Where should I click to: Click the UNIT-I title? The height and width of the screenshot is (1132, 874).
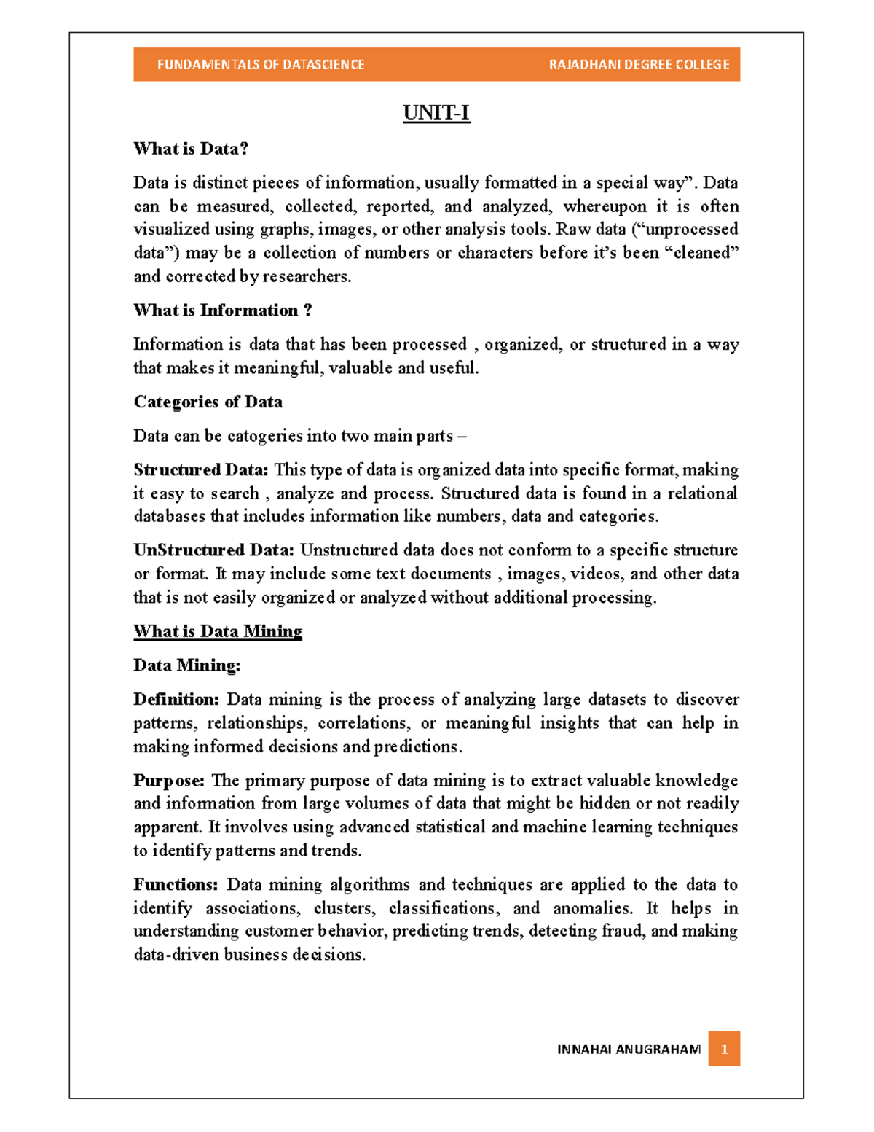(436, 113)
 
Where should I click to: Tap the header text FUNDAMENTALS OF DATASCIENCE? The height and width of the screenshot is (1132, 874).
(261, 65)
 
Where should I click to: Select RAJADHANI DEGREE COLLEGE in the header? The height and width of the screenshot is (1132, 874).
(639, 65)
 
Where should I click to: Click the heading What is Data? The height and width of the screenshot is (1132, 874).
(191, 149)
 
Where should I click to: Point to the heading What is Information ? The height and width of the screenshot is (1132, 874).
(223, 311)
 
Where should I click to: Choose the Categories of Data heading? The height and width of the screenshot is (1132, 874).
(208, 402)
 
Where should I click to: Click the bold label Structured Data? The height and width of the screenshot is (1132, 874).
(201, 470)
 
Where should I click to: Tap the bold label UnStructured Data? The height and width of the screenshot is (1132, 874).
(214, 550)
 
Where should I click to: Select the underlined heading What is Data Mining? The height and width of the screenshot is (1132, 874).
(218, 631)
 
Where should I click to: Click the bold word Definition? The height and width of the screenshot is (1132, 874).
(176, 700)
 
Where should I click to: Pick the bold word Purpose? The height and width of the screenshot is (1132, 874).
(169, 781)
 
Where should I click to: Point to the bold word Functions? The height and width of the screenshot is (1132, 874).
(176, 885)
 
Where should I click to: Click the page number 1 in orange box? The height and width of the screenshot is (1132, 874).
(724, 1049)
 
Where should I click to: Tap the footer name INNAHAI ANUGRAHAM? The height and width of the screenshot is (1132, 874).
(629, 1050)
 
